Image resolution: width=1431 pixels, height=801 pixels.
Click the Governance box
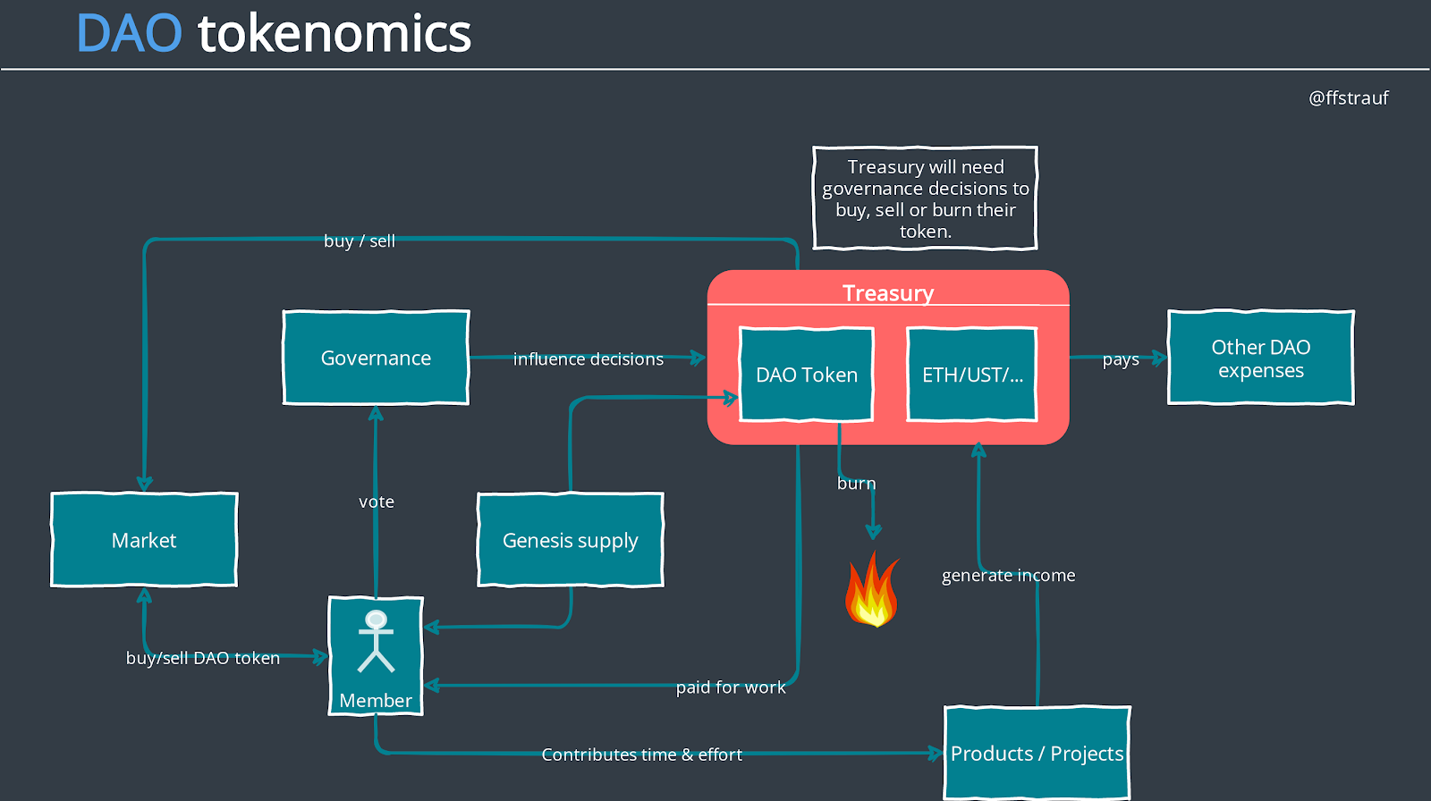coord(376,358)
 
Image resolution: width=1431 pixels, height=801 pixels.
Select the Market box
coord(144,540)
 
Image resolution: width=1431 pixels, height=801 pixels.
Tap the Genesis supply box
coord(571,540)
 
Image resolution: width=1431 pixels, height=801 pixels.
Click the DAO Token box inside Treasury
coord(807,375)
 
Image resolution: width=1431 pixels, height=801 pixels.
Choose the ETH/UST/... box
coord(972,375)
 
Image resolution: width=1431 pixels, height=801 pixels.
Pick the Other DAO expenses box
coord(1260,358)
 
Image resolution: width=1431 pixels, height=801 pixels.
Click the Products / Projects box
coord(1037,753)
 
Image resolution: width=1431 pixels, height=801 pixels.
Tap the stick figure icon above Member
coord(376,640)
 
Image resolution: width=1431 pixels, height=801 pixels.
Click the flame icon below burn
coord(872,590)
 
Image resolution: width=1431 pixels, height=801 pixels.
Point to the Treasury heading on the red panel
coord(888,293)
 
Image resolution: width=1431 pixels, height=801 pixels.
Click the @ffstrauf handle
coord(1348,98)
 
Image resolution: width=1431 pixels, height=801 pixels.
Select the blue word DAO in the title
coord(130,34)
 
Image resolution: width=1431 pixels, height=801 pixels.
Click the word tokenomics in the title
coord(334,34)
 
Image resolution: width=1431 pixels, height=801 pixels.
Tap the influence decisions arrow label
coord(588,359)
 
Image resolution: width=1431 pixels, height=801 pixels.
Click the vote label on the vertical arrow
coord(377,502)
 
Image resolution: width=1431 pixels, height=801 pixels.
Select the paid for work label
coord(731,687)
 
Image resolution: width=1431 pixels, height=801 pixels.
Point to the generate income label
coord(1008,576)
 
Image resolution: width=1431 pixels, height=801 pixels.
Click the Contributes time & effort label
coord(641,755)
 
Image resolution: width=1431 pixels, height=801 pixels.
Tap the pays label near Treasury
coord(1121,359)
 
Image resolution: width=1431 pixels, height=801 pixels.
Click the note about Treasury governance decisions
coord(925,198)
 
